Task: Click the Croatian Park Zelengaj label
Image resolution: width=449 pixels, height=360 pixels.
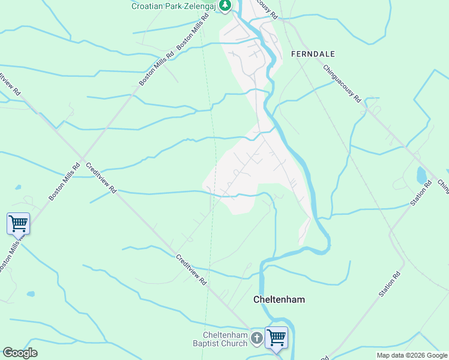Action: pos(174,7)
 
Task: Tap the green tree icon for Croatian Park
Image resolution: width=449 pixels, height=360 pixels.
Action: pos(224,6)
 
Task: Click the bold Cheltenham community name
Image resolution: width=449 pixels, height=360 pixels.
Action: pos(279,299)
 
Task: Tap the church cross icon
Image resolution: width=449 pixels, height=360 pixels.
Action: pos(256,338)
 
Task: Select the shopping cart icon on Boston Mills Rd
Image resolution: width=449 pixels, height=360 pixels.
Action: pos(18,223)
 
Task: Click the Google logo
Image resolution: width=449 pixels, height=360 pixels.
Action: pos(20,353)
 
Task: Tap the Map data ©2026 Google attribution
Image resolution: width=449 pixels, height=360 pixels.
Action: pos(411,355)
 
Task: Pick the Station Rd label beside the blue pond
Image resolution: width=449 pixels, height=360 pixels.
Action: pos(421,193)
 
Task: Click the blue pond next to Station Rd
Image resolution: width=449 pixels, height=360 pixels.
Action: pos(421,175)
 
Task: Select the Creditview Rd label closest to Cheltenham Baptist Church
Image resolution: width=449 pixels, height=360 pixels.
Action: pos(192,269)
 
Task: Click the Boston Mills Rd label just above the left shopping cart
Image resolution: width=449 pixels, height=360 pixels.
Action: pos(64,182)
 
